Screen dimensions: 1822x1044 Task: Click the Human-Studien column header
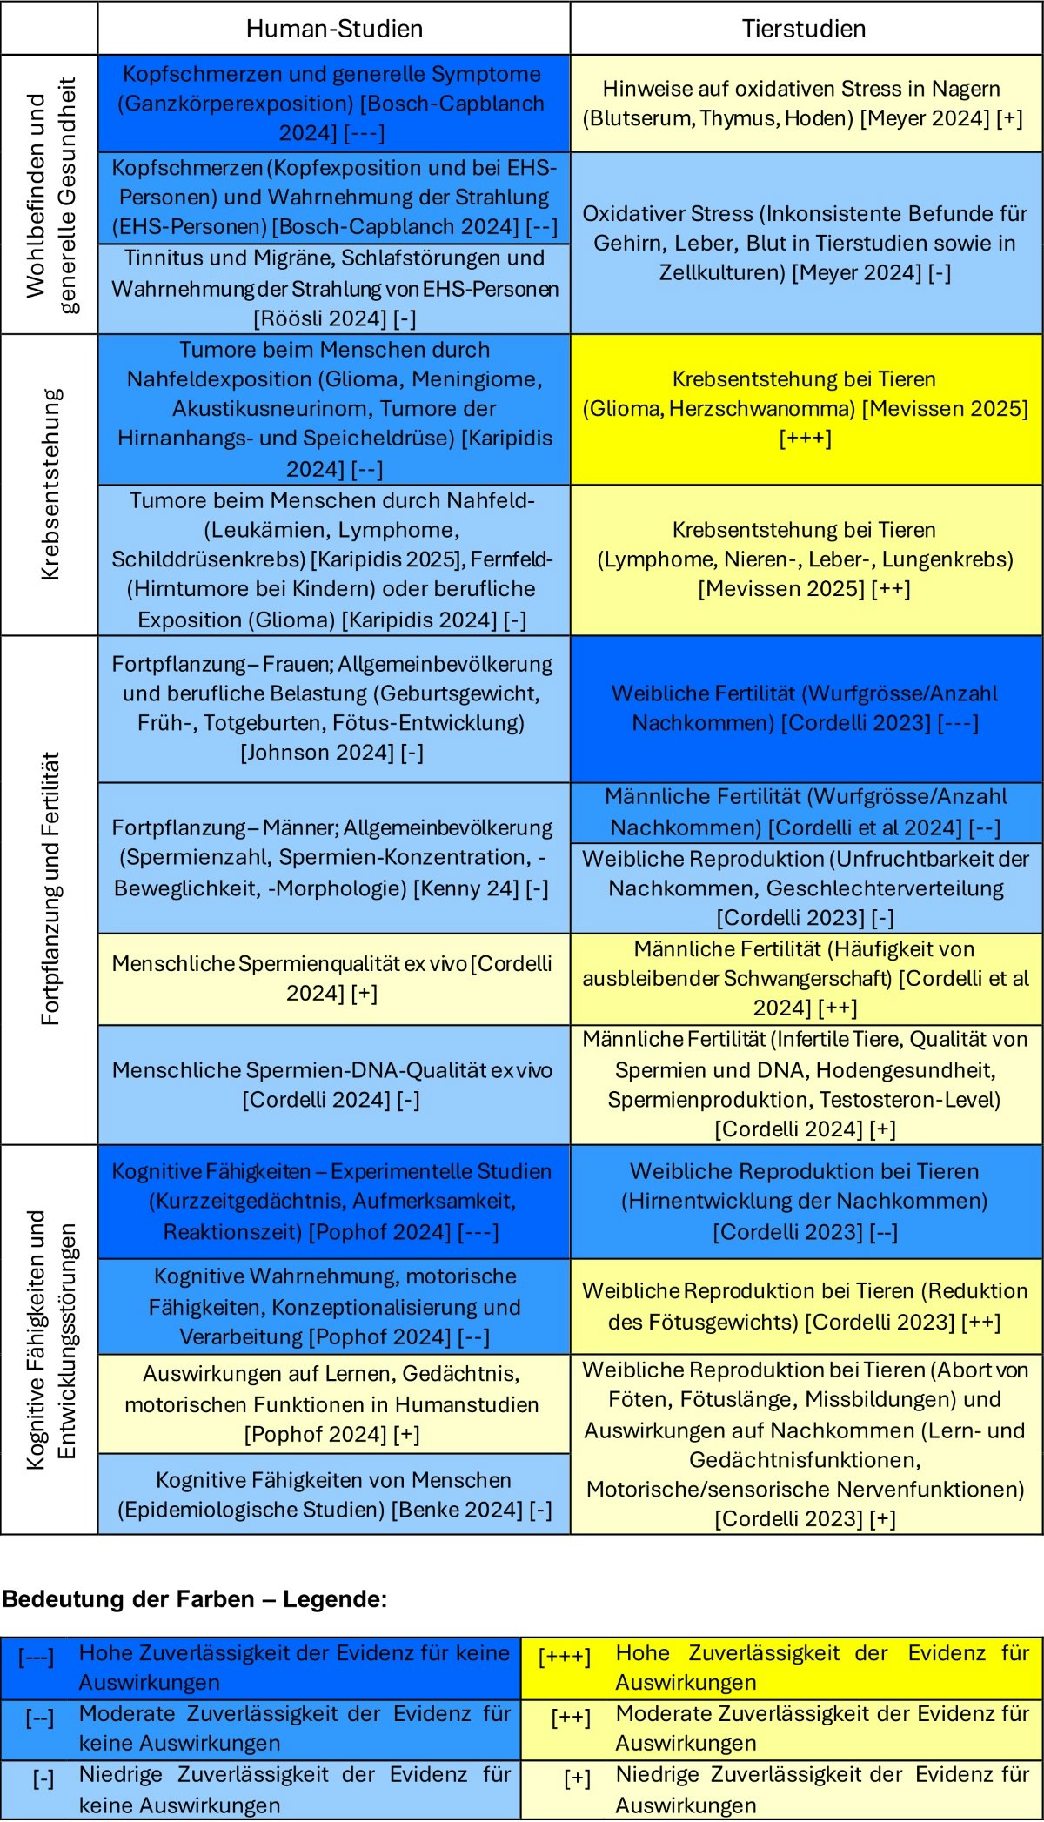334,29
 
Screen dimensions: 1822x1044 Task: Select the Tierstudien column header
804,29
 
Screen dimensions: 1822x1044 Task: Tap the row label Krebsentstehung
50,484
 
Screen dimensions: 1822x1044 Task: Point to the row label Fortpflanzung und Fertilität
50,888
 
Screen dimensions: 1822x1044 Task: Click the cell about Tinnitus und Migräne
334,288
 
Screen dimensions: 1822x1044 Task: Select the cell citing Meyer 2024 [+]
805,103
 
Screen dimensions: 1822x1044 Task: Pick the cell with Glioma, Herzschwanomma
805,408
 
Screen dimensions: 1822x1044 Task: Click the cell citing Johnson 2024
334,707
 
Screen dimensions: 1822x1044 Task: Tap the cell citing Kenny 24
334,857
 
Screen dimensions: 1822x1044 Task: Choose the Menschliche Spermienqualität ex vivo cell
334,978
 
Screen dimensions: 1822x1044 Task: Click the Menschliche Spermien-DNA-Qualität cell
334,1084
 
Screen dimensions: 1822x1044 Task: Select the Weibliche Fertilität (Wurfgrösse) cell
805,707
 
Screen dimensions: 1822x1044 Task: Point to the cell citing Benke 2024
334,1494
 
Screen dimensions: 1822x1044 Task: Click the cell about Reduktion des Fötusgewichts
805,1305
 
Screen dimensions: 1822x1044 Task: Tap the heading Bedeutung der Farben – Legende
195,1598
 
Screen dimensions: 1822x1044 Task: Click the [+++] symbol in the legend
564,1657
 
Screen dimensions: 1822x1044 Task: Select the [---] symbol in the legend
36,1657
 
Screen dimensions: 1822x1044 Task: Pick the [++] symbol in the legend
570,1717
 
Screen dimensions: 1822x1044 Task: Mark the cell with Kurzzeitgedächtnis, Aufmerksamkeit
334,1201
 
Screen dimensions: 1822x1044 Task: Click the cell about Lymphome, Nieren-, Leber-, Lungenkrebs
805,559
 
